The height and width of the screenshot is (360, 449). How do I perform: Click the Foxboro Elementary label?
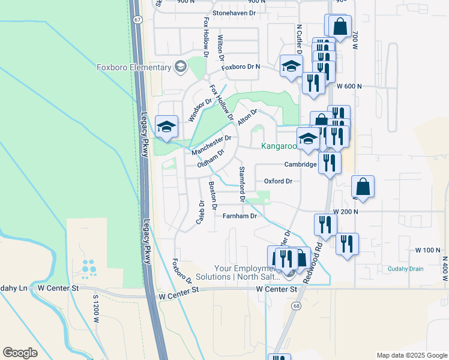134,67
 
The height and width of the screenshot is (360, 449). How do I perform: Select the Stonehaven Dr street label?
238,13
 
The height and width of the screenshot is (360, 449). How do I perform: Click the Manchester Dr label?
211,145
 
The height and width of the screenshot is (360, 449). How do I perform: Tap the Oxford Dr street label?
278,181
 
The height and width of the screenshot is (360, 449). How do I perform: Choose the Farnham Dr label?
240,216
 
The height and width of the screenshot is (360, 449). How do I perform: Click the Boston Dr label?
212,196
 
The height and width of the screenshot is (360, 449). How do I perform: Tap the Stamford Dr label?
242,184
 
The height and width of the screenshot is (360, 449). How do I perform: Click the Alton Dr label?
247,116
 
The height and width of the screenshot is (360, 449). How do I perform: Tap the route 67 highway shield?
137,19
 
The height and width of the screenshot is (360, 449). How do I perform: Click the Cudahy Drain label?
405,269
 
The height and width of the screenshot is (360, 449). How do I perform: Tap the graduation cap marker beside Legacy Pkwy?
166,127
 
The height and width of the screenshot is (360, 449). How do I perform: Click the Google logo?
20,353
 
